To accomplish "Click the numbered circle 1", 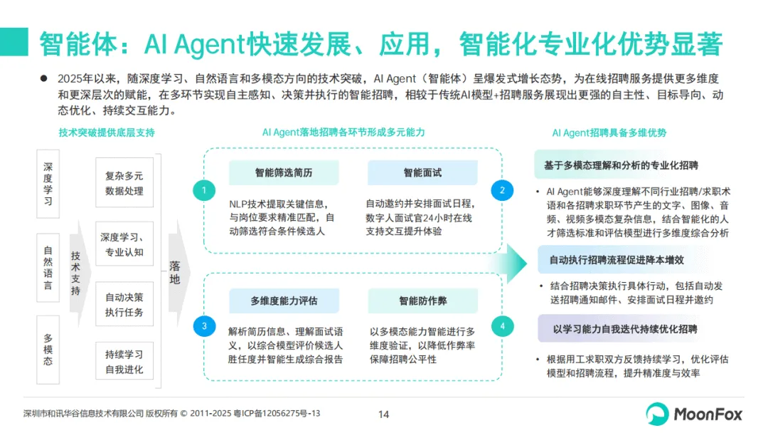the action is (x=204, y=190).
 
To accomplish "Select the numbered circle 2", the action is (x=502, y=190).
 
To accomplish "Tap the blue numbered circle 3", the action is (x=204, y=326).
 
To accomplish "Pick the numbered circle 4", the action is (x=502, y=326).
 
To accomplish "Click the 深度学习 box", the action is (x=48, y=183).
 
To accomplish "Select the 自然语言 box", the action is (x=48, y=267).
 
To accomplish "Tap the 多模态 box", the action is (x=48, y=350).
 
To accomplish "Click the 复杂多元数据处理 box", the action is (x=124, y=183).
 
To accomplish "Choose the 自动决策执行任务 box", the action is (x=124, y=304).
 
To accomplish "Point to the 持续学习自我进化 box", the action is (x=124, y=362).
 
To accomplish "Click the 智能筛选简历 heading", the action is (x=284, y=172).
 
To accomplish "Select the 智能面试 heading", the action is (x=422, y=172).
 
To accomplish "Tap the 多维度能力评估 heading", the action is (x=284, y=301).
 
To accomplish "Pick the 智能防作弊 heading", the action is (x=422, y=301).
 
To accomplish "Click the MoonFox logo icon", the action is (x=657, y=413).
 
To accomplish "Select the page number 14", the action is (x=383, y=414).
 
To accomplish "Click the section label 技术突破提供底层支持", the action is (x=107, y=132).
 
